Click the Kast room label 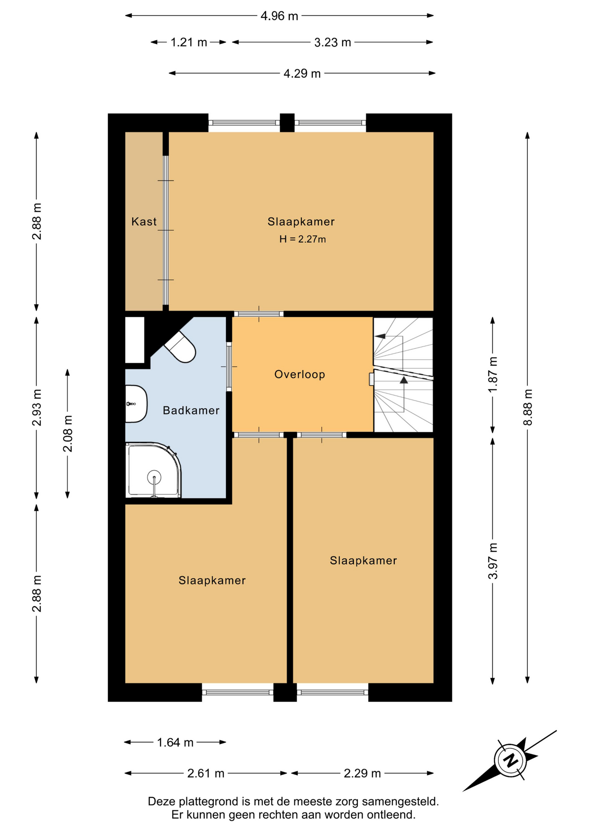(144, 221)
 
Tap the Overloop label (300, 374)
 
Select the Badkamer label (191, 410)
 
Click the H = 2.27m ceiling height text (303, 239)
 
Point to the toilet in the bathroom (180, 347)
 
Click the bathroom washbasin (136, 404)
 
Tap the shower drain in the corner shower (154, 478)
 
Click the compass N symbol (510, 760)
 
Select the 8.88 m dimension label (527, 407)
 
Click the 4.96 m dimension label (279, 16)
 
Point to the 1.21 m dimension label (189, 42)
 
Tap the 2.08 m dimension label (68, 433)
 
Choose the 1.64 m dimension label (175, 742)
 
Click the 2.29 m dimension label (362, 773)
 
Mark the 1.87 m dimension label (493, 375)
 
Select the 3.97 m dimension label (493, 561)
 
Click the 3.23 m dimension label (333, 42)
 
